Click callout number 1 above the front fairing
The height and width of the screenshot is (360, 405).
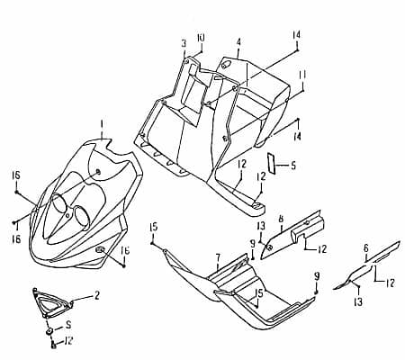[102, 123]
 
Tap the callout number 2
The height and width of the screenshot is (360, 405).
[96, 295]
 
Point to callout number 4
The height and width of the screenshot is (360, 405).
[238, 41]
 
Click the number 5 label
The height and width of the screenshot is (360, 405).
[292, 166]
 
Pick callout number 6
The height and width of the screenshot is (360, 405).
[365, 247]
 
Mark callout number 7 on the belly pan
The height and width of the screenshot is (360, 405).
[217, 257]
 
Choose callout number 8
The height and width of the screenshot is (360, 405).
[281, 219]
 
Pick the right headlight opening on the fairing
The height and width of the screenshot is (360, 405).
[79, 217]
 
